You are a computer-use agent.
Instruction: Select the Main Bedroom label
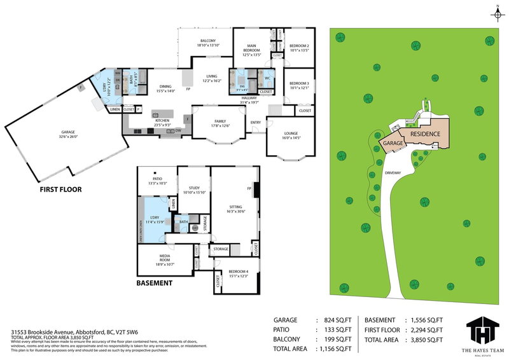click(252, 48)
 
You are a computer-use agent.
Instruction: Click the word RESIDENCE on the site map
click(426, 134)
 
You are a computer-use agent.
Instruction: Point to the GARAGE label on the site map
click(393, 144)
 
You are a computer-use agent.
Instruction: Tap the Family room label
click(219, 123)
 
